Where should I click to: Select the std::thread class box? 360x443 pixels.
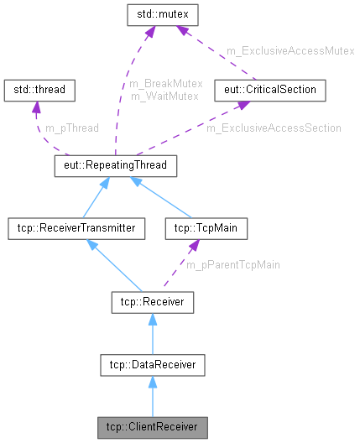point(40,88)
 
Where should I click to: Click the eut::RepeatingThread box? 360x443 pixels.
point(115,166)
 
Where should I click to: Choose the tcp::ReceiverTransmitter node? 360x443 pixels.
point(70,227)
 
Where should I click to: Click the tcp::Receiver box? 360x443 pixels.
point(153,301)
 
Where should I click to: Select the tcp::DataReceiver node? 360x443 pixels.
point(153,364)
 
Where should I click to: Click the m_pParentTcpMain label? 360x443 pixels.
point(232,264)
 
